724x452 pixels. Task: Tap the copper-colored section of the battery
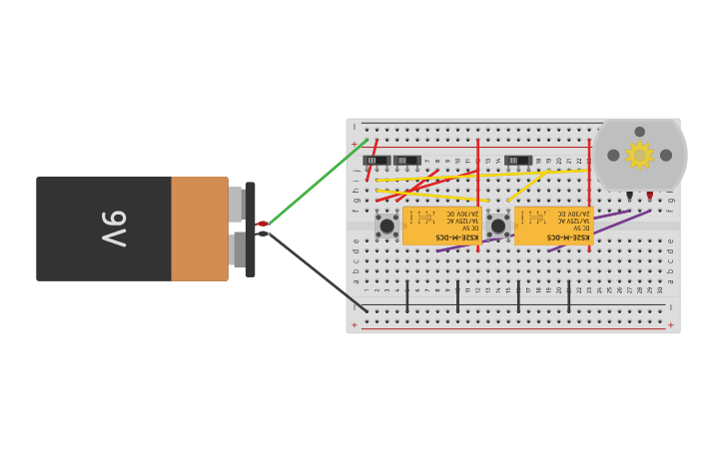point(199,228)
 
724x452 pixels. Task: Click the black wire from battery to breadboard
point(316,271)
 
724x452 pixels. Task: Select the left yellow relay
point(440,225)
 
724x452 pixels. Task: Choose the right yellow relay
point(552,225)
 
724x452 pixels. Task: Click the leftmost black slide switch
point(375,160)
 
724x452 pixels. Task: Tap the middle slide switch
point(406,160)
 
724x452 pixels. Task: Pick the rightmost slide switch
point(517,160)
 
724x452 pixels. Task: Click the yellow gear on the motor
point(639,155)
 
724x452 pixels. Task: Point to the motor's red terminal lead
point(649,196)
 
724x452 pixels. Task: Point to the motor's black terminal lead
point(629,196)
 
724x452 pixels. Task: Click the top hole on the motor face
point(639,132)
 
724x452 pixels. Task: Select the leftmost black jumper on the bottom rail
point(407,296)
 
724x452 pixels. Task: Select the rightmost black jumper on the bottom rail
point(569,296)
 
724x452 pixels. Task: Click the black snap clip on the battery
point(250,228)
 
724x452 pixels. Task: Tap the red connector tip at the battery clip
point(263,224)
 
